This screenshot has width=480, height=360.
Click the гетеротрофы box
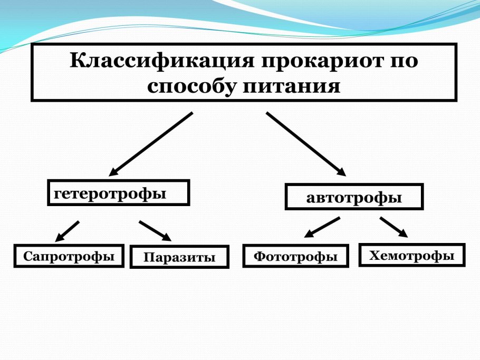tap(118, 193)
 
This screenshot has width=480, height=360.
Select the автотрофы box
tap(354, 197)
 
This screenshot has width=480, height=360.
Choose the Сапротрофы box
tap(69, 256)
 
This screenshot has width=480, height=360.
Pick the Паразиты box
tap(179, 257)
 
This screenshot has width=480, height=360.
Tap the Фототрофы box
tap(295, 256)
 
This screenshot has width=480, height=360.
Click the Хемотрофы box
tap(411, 256)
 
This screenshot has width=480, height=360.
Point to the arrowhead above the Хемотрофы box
tap(402, 233)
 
